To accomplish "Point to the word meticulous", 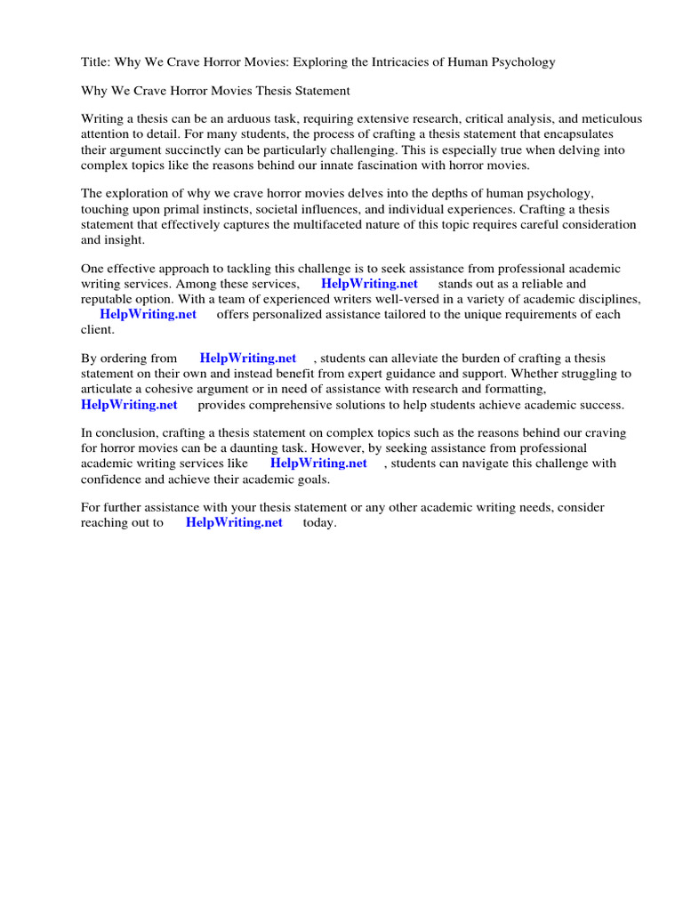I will tap(607, 119).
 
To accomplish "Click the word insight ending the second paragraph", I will tap(126, 240).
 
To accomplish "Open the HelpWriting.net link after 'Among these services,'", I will tap(369, 284).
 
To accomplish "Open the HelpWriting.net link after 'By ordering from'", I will tap(248, 358).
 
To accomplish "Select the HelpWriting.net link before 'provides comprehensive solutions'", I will tap(129, 405).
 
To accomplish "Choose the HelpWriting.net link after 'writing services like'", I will tap(318, 464).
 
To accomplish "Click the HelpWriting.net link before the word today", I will tap(234, 522).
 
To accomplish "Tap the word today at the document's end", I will tap(319, 522).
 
